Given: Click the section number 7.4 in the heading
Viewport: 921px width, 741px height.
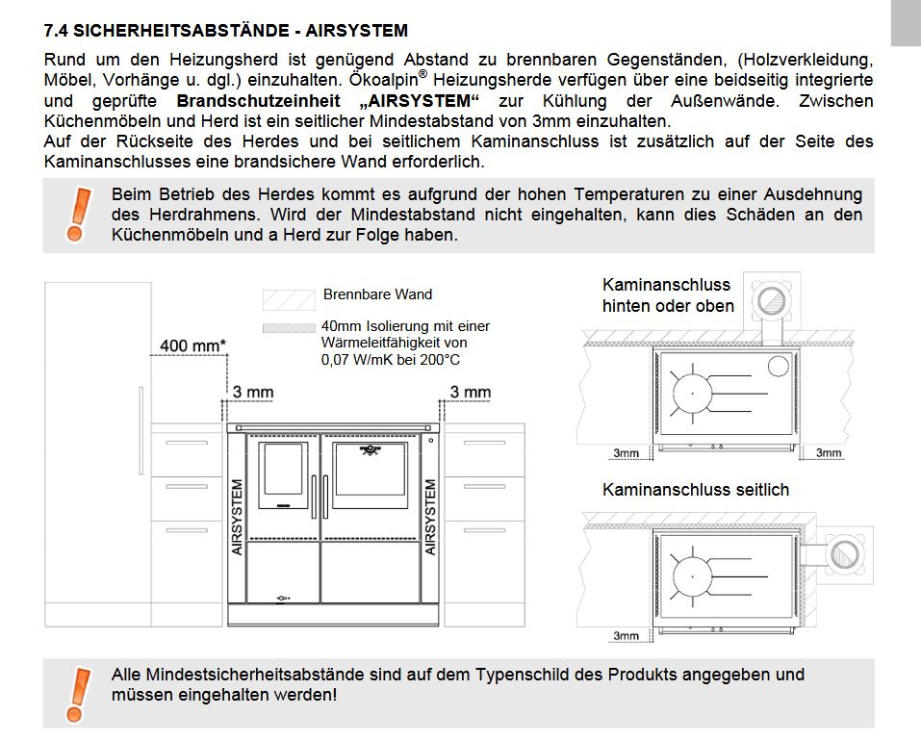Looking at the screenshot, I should (56, 32).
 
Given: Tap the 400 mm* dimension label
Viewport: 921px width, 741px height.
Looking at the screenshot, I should (192, 345).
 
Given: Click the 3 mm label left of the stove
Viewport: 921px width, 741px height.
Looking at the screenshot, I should (253, 392).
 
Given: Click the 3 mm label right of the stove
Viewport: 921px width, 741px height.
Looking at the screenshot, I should (471, 392).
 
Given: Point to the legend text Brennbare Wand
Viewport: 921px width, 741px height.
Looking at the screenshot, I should (377, 294).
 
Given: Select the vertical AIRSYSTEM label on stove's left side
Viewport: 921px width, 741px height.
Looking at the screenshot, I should (238, 517).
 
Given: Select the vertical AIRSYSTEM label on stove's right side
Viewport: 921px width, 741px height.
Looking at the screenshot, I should (430, 517).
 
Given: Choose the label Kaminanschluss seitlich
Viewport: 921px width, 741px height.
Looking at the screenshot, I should (695, 490).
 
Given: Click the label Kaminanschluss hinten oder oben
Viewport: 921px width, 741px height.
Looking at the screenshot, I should (668, 295).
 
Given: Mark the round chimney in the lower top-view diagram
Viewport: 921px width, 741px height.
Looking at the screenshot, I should (845, 555).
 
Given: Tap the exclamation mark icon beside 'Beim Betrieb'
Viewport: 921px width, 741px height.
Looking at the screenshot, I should (77, 213).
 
